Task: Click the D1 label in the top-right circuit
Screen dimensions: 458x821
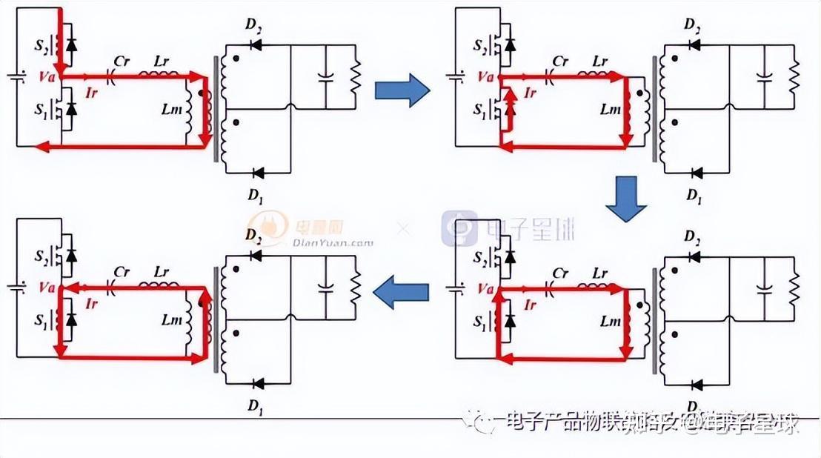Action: (694, 196)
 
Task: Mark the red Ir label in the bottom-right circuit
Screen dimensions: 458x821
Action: (529, 304)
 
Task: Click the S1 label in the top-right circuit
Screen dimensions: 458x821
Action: (479, 108)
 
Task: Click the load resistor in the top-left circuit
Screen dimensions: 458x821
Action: (355, 75)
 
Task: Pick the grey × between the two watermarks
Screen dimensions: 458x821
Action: (403, 229)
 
